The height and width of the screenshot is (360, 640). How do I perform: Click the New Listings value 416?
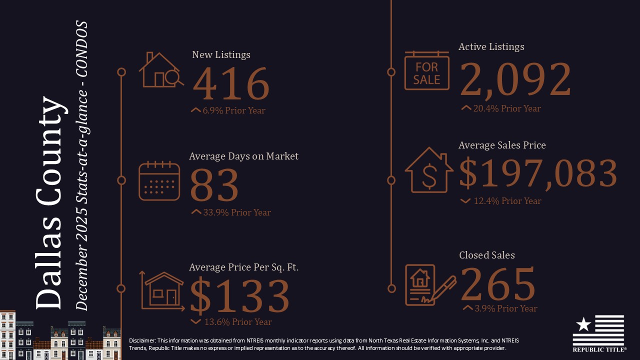[x=231, y=83]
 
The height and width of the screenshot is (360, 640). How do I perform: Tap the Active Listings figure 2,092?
[x=515, y=79]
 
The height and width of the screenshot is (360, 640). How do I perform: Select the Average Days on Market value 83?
[x=214, y=185]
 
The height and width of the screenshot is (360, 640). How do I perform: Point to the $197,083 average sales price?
[x=538, y=173]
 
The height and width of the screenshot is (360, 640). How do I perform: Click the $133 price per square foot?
[x=240, y=295]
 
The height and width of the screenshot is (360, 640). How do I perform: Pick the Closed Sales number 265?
[x=497, y=283]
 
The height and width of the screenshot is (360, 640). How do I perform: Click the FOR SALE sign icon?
[x=426, y=71]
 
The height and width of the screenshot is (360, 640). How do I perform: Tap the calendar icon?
[x=159, y=181]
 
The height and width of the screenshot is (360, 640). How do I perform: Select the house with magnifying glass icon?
[x=160, y=70]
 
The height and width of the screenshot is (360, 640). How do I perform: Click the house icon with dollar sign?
[x=428, y=170]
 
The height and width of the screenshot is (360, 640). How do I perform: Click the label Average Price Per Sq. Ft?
[x=243, y=267]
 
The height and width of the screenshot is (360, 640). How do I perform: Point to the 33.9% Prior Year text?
[x=237, y=212]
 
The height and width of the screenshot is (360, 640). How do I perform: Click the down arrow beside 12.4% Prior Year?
[x=465, y=201]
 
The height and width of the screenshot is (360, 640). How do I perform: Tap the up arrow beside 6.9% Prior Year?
[x=195, y=110]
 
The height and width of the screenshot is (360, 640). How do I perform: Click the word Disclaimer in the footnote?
[x=142, y=340]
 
